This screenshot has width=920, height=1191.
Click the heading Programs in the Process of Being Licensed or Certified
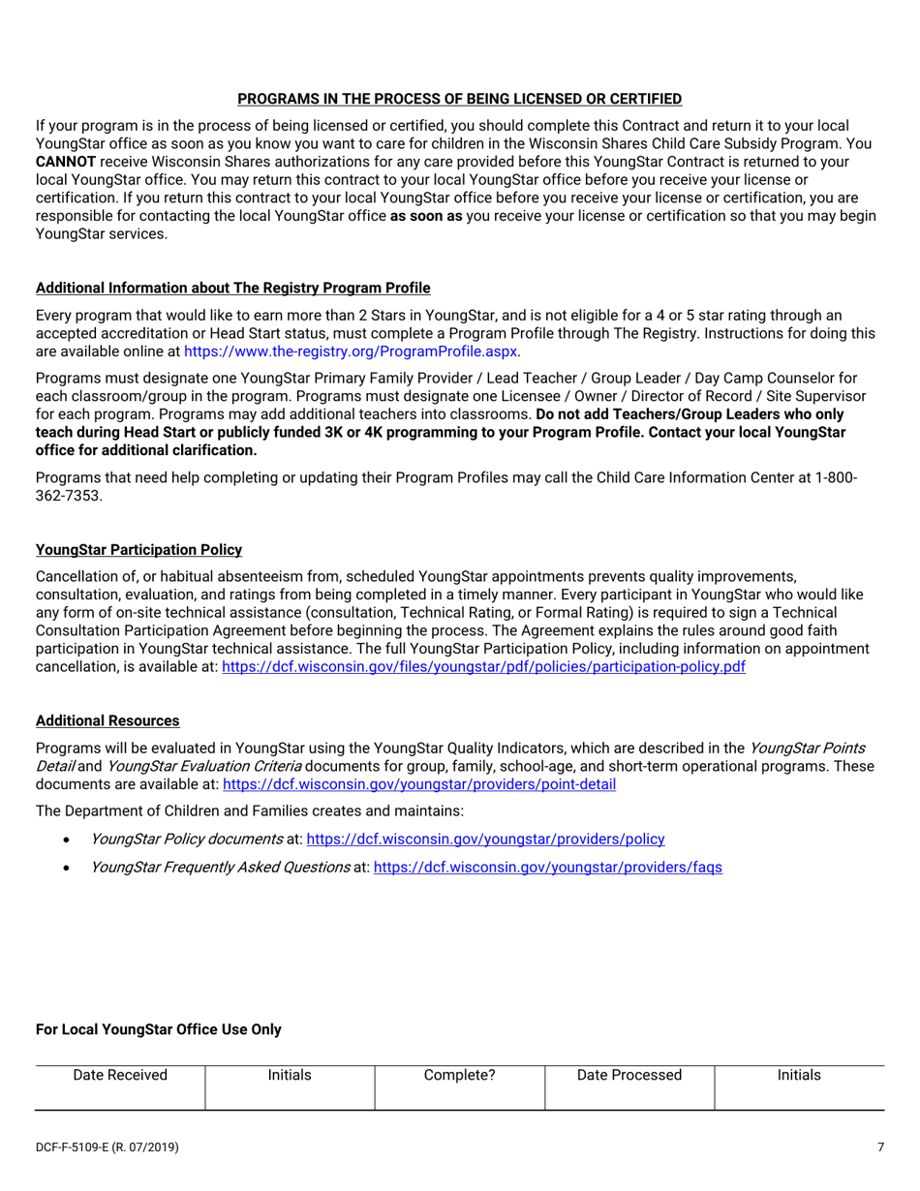[459, 99]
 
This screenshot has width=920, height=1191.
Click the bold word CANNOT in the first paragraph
[65, 162]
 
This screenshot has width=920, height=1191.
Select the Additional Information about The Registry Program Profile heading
[232, 288]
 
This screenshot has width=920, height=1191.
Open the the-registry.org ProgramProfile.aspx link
[351, 351]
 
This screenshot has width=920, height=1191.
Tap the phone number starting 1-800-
[834, 477]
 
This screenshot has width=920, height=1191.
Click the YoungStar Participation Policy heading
[138, 549]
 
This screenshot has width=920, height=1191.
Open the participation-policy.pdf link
[483, 666]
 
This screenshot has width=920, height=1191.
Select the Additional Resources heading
[107, 720]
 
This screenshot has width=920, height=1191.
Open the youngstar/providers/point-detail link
[419, 784]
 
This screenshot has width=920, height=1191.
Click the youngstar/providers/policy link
[485, 839]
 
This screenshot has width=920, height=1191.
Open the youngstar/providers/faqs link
[547, 867]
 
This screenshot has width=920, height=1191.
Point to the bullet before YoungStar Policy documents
[66, 840]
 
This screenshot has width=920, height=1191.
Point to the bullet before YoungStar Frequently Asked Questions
[66, 868]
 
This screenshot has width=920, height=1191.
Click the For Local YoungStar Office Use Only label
[159, 1029]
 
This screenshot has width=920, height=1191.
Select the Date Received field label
[120, 1075]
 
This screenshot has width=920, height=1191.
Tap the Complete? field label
[460, 1075]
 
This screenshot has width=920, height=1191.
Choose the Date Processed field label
[629, 1075]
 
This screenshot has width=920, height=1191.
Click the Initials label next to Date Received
[290, 1075]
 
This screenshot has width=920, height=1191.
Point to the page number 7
[880, 1147]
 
